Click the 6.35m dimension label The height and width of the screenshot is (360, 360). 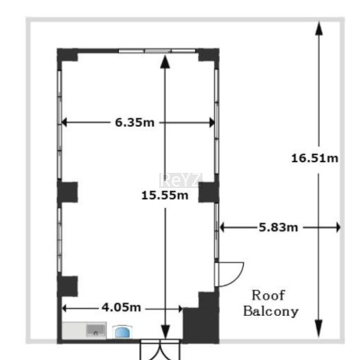135,122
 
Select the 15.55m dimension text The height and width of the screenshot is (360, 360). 165,195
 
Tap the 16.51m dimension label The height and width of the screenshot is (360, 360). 315,158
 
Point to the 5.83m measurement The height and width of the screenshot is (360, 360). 279,228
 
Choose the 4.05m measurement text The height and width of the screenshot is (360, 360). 121,307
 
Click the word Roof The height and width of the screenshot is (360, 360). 268,295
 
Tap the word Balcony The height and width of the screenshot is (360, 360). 271,311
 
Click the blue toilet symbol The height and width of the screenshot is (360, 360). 122,331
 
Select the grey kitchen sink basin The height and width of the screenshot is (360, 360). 96,330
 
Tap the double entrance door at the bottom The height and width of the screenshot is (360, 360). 161,350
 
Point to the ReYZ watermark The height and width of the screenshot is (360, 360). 180,180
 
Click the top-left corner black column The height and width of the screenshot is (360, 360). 67,55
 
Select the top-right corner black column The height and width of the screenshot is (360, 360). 209,55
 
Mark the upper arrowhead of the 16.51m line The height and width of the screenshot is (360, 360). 319,29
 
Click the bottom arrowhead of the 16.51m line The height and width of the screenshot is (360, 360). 319,328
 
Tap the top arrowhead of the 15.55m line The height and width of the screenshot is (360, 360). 165,62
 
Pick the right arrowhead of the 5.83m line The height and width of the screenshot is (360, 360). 338,228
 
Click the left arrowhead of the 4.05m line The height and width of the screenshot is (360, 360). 65,309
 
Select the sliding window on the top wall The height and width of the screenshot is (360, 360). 157,50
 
